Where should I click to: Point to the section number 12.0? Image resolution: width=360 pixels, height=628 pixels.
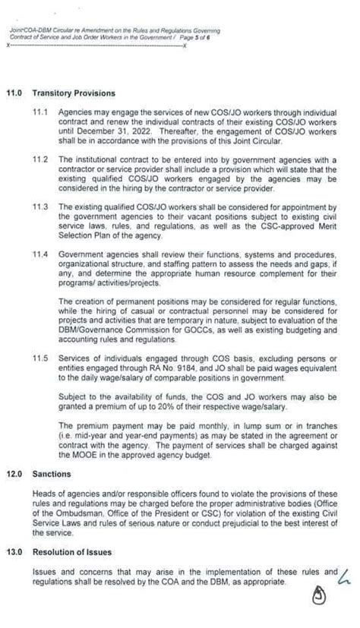(x=16, y=474)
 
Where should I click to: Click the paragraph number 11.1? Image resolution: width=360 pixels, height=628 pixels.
(x=40, y=112)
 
